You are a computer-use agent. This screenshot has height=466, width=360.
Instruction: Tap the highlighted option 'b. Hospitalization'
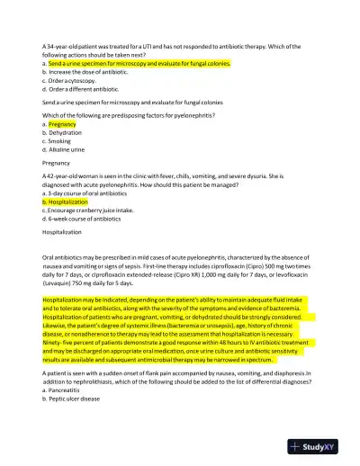pyautogui.click(x=68, y=202)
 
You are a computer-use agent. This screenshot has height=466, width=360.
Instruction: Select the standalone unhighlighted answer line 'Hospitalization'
pyautogui.click(x=66, y=232)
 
